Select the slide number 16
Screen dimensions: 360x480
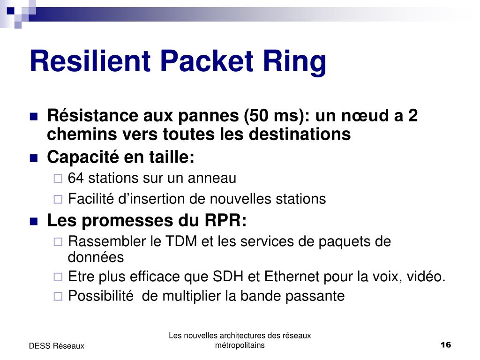click(x=445, y=345)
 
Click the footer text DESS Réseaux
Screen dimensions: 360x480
click(x=56, y=346)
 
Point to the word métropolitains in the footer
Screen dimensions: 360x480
click(x=240, y=345)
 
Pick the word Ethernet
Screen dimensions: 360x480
click(x=292, y=277)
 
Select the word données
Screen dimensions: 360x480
click(x=96, y=257)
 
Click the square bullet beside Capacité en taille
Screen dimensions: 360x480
click(x=34, y=158)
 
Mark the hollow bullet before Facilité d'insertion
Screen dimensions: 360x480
click(x=58, y=199)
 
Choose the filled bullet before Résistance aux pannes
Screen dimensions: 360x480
click(x=34, y=117)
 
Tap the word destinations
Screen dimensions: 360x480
click(x=300, y=135)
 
